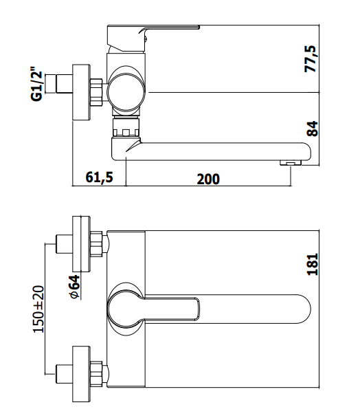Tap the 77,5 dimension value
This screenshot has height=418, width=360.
[x=311, y=59]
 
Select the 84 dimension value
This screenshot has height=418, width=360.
[x=312, y=129]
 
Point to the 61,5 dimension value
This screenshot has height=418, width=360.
[x=99, y=177]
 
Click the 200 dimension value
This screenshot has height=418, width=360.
[x=208, y=179]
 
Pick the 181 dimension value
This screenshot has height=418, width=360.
[x=313, y=264]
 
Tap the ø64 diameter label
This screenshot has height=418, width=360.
[x=75, y=287]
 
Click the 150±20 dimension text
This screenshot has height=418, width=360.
[x=38, y=309]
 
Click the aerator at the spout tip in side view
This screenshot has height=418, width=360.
[x=291, y=163]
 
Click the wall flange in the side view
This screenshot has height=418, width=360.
[x=81, y=92]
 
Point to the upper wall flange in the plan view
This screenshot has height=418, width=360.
[x=81, y=244]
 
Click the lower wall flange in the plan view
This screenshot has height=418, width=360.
[x=81, y=374]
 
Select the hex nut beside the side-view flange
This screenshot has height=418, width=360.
[x=96, y=92]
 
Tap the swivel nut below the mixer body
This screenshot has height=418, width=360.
[x=126, y=127]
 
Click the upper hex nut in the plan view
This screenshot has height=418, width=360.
[x=96, y=244]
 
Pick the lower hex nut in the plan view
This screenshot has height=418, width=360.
[x=96, y=374]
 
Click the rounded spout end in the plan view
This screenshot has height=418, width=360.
[x=304, y=309]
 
